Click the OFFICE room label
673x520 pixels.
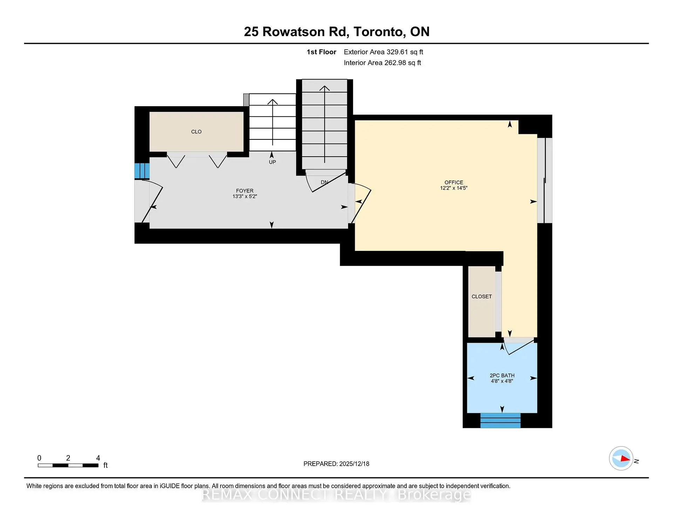pos(454,182)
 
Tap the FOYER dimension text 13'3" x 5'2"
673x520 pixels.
pos(245,197)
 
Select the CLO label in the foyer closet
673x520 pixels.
pos(196,132)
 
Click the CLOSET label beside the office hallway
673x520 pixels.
pos(481,296)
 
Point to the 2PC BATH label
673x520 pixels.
pos(502,375)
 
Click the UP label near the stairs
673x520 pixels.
pos(272,162)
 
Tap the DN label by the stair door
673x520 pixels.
pos(325,182)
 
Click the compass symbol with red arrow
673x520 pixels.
pos(621,458)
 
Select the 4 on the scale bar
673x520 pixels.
pos(98,458)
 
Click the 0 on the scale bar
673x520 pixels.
pos(39,458)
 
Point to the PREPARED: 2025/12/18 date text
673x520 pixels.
pos(336,464)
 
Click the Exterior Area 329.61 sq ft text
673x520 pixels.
pos(383,52)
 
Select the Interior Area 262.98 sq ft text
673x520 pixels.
pos(382,63)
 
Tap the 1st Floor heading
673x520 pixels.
pos(321,52)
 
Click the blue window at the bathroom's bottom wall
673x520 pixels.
pos(500,420)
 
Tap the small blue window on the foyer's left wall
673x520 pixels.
pos(142,171)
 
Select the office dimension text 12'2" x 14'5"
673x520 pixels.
pos(454,188)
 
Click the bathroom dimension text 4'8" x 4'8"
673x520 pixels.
pos(502,381)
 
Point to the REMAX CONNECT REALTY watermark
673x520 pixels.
pos(336,495)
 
